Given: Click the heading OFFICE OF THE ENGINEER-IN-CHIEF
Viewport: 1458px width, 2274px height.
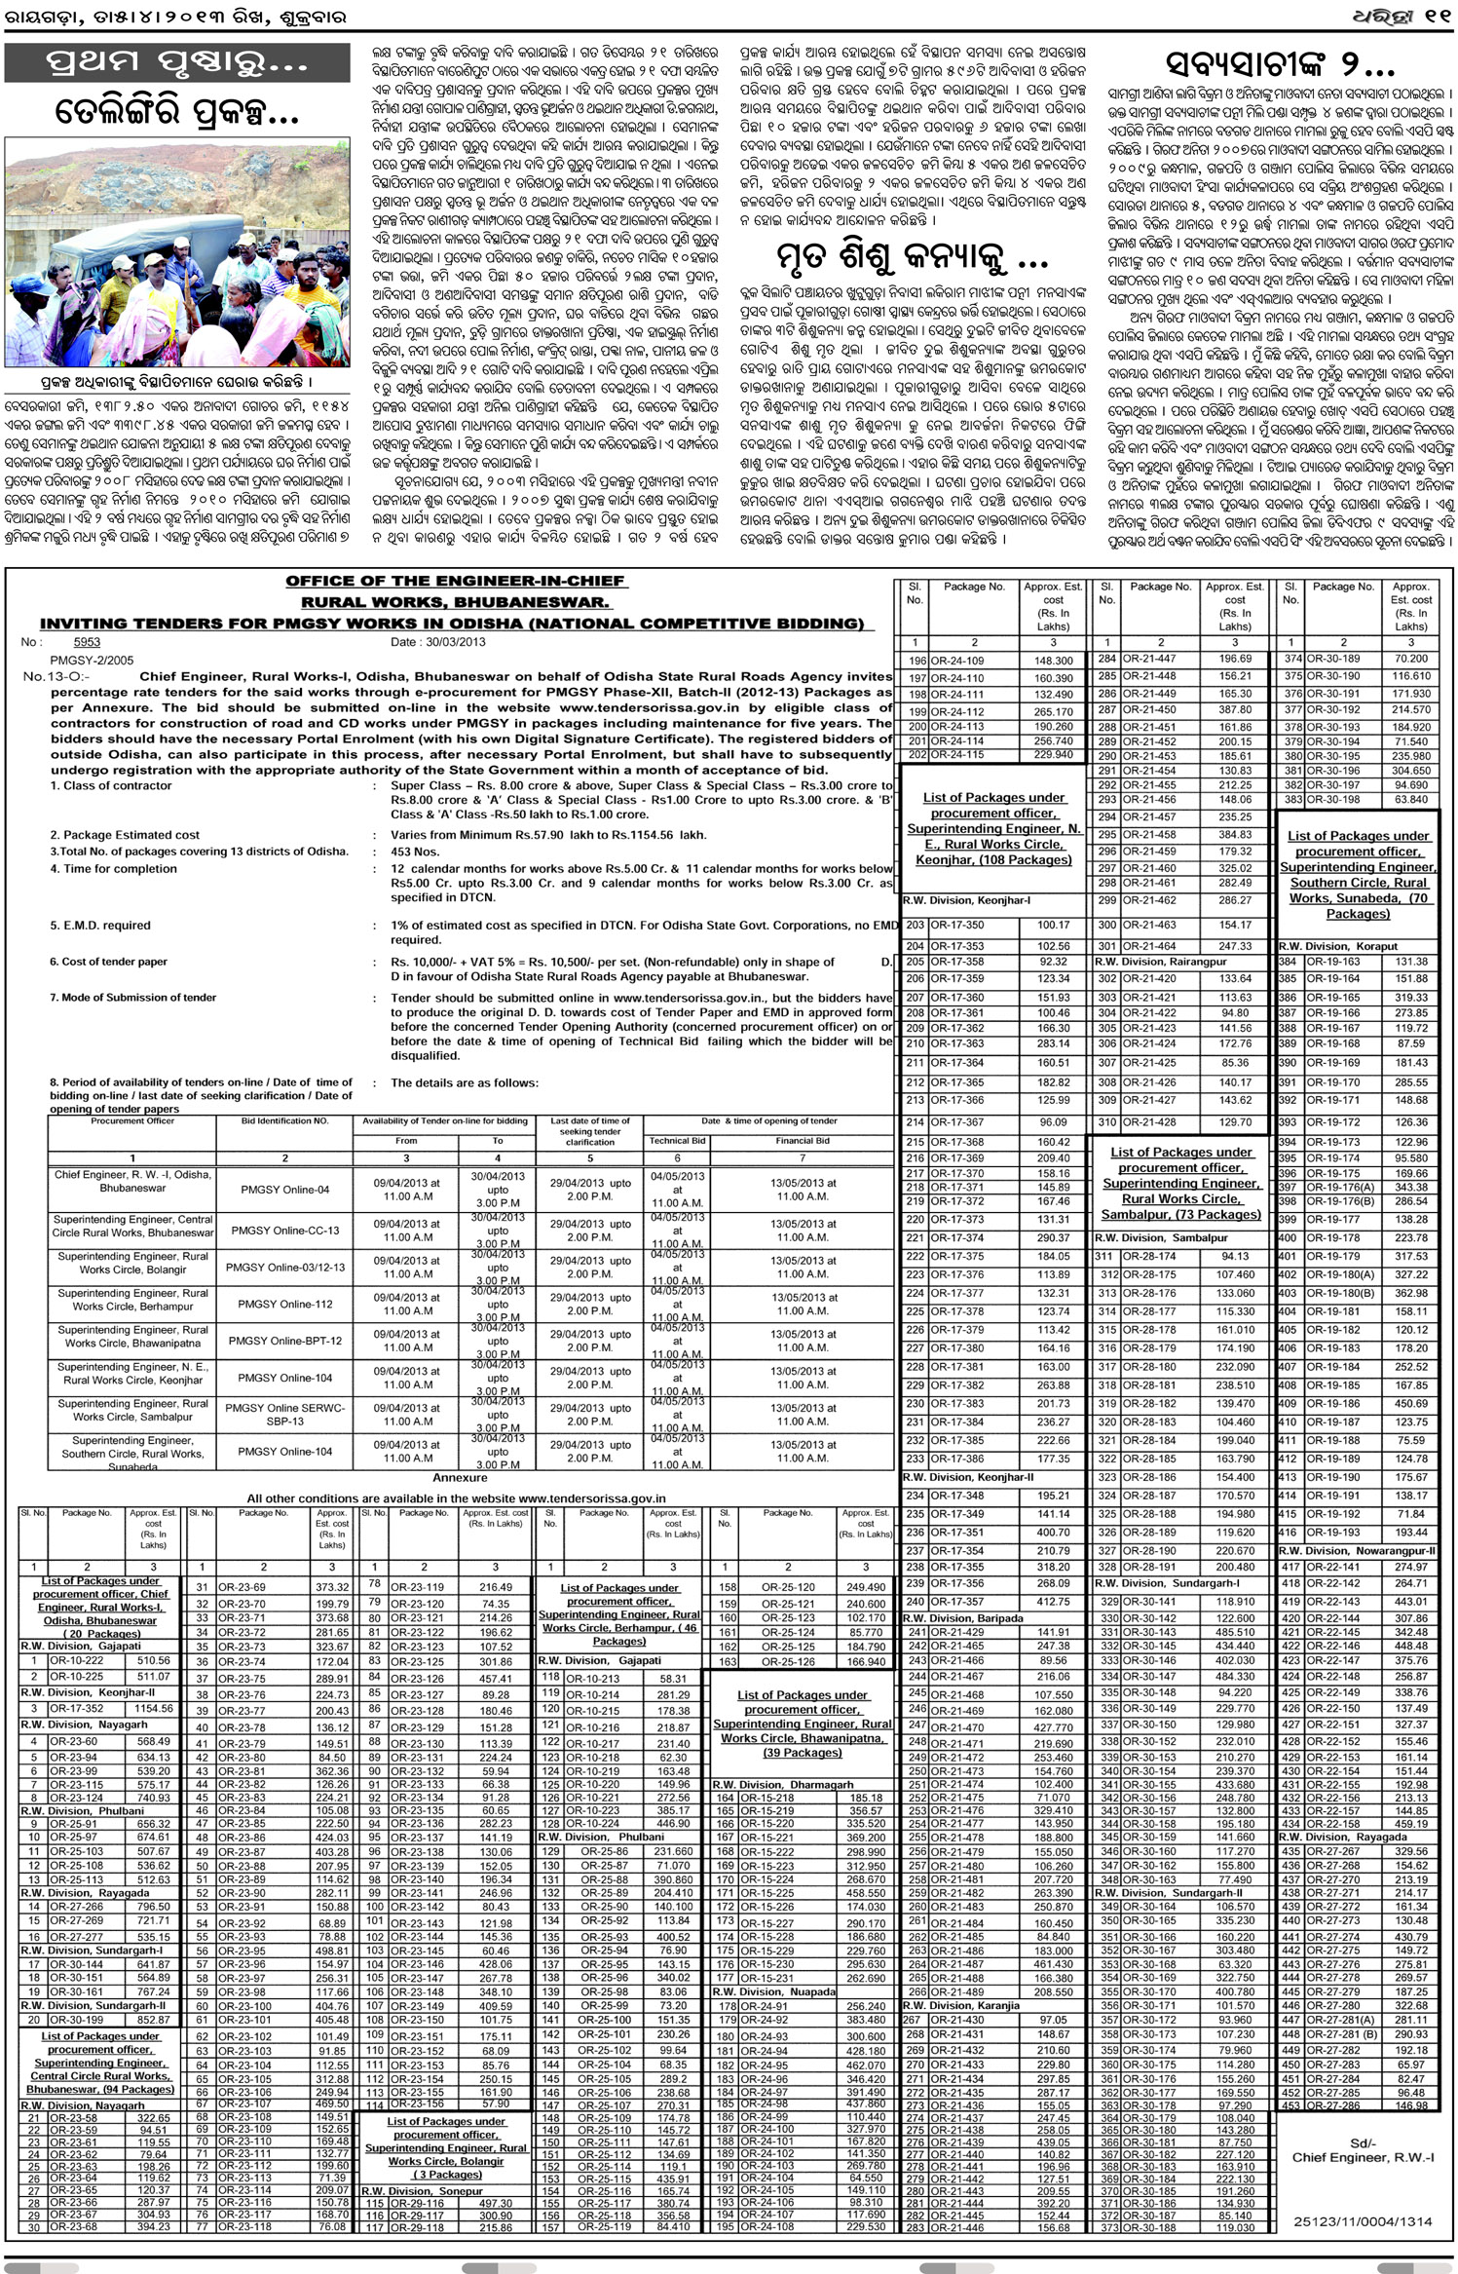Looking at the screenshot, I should pos(455,581).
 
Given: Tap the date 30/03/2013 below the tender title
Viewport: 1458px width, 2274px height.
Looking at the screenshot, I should pos(438,642).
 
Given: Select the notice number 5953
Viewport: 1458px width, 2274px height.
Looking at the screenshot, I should pos(87,642).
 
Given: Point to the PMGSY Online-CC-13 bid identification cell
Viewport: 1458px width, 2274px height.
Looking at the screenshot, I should pos(285,1231).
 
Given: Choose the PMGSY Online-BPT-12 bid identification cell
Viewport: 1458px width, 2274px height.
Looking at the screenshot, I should pos(285,1341).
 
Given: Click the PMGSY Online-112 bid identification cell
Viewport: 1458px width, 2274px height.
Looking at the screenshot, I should pos(285,1304).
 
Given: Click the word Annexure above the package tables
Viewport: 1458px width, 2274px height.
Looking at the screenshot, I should pos(460,1478).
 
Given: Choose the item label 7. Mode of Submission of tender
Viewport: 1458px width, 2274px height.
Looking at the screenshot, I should pos(133,997).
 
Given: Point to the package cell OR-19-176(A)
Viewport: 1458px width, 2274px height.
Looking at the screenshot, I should pos(1338,1187).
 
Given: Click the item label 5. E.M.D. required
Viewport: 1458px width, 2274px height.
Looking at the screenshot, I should pos(100,925).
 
